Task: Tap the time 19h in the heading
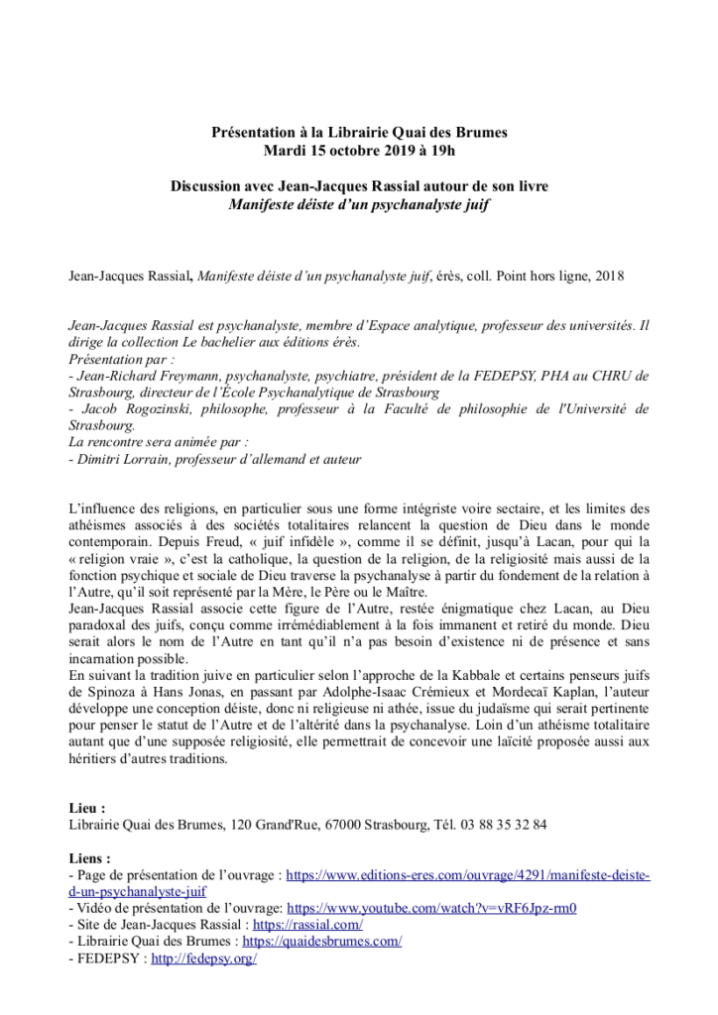(x=440, y=150)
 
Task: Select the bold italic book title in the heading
(x=360, y=205)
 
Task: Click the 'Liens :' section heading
(x=90, y=858)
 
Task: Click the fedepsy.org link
(x=203, y=959)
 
